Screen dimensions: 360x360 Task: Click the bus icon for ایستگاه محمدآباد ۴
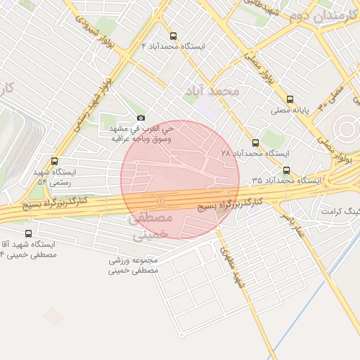click(174, 35)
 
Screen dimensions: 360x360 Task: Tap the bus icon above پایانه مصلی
click(291, 99)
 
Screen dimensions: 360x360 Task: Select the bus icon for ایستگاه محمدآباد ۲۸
click(255, 142)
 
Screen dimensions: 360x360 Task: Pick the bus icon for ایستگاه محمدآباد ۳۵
click(286, 169)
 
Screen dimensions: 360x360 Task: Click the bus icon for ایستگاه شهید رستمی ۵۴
click(55, 161)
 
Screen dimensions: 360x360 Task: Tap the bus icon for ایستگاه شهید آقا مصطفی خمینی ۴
click(28, 233)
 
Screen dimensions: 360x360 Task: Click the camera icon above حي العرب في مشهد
click(141, 117)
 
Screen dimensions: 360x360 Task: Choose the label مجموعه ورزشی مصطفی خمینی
click(135, 265)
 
